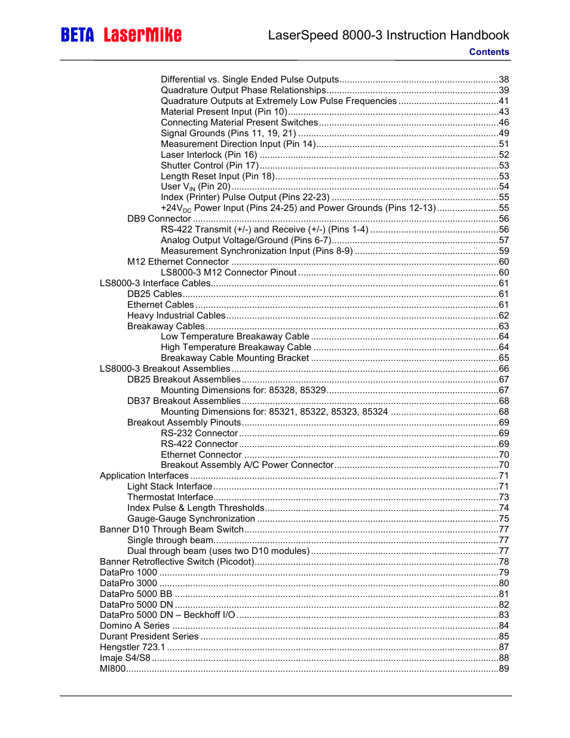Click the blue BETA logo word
click(77, 35)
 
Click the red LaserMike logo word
click(142, 35)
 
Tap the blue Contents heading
click(489, 52)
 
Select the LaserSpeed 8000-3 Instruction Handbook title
click(388, 35)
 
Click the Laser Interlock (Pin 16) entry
click(209, 155)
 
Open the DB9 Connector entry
click(159, 219)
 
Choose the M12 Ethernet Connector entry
click(178, 262)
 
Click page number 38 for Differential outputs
click(504, 79)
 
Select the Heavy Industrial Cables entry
click(176, 316)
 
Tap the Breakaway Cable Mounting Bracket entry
click(235, 358)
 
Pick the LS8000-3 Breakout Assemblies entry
click(165, 369)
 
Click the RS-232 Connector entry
click(200, 433)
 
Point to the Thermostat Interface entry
click(170, 497)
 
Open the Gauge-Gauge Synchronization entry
click(191, 519)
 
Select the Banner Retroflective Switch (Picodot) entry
click(177, 562)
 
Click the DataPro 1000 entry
click(128, 572)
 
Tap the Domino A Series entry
click(135, 626)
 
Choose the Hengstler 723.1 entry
click(133, 647)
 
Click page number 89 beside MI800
click(504, 669)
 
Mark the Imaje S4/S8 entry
click(125, 658)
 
